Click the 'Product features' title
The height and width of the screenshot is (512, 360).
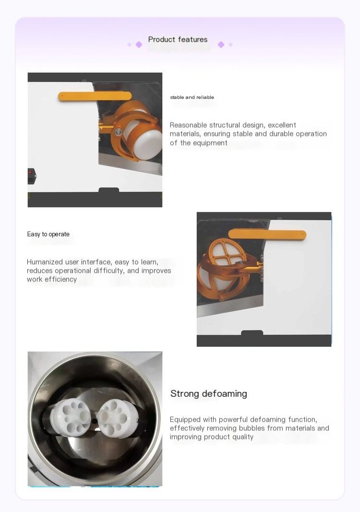click(x=178, y=39)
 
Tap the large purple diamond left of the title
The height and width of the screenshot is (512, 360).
click(x=139, y=44)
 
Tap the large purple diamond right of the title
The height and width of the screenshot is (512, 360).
click(x=221, y=44)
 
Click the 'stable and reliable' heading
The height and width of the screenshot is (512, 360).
click(x=192, y=98)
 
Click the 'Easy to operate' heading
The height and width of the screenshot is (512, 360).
click(x=48, y=234)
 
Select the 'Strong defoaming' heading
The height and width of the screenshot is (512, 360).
click(x=208, y=394)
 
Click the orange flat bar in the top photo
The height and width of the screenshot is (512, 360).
click(x=95, y=97)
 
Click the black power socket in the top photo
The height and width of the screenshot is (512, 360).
click(x=32, y=176)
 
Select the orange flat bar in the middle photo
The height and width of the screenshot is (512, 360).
click(x=267, y=234)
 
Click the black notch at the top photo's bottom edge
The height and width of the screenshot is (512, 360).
click(x=108, y=190)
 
